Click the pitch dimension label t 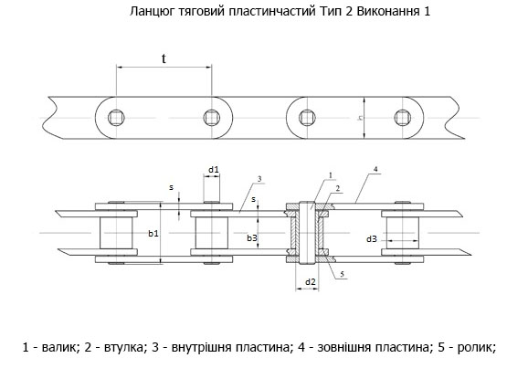[164, 58]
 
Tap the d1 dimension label [213, 169]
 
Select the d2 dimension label [311, 281]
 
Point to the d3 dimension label [372, 239]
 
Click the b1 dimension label [153, 233]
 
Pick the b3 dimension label [252, 238]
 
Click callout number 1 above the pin [331, 175]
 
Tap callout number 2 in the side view [338, 188]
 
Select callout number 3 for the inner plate [259, 179]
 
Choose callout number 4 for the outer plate [375, 169]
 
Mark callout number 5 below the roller [343, 274]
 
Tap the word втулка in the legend [124, 347]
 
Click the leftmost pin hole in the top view [116, 118]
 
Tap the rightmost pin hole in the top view [403, 118]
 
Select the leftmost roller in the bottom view [116, 233]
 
